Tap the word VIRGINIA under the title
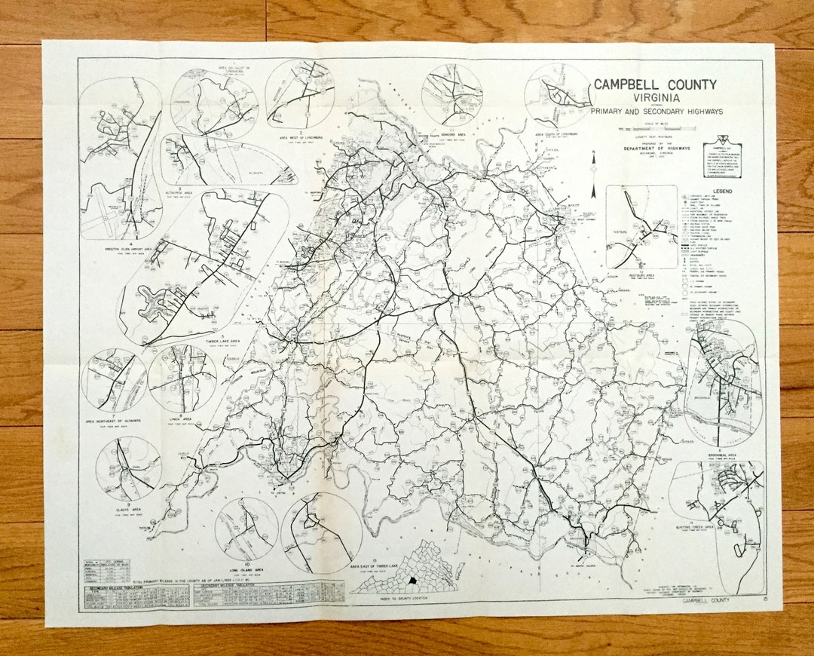(654, 98)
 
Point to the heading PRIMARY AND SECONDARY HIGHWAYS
(656, 112)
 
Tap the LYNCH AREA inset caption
(182, 418)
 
